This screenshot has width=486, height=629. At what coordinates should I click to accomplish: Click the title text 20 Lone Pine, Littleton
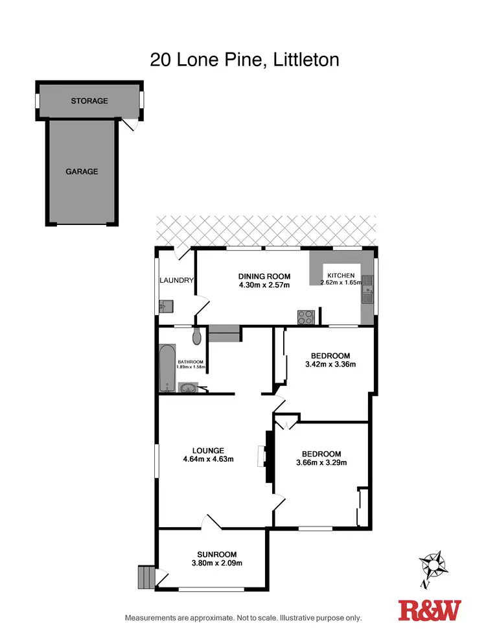244,60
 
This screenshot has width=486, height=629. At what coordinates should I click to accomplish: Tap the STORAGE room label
89,101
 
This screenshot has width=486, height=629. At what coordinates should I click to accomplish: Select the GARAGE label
82,172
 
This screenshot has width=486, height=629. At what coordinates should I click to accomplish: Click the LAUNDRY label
177,280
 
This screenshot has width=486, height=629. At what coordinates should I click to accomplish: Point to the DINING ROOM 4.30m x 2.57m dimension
264,285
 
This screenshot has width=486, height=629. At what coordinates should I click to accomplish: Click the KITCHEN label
341,276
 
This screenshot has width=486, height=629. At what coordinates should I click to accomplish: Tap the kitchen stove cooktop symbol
306,317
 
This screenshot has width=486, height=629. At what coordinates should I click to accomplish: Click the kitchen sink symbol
367,290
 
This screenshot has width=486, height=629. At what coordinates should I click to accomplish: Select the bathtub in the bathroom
166,368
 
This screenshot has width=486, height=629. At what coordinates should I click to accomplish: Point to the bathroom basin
187,388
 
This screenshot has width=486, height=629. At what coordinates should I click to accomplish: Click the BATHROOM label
191,362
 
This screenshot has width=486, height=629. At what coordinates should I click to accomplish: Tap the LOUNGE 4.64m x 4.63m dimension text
208,459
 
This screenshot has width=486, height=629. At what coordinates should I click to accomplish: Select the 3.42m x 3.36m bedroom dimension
330,364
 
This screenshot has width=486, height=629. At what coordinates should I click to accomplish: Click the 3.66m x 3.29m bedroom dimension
321,462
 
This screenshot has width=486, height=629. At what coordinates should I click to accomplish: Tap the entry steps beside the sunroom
146,576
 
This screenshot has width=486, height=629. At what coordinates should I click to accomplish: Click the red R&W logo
430,610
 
